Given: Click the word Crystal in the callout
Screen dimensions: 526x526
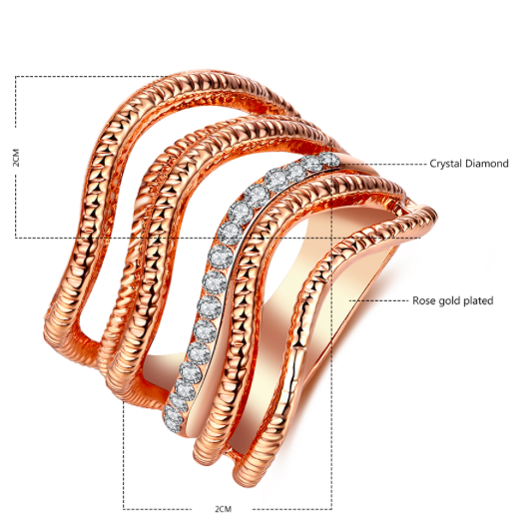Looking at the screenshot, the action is pos(445,164).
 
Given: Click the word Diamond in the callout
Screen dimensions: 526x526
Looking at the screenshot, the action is pos(487,164).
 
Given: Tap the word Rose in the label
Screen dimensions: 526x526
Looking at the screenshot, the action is pos(423,300).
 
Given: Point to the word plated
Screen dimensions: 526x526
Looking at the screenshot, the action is pos(478,300).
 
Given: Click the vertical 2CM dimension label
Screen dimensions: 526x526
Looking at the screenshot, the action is pos(16,158).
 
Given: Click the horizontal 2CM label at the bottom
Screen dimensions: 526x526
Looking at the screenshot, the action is pos(224,509).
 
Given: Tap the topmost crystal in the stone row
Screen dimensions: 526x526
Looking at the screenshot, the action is pos(329,159).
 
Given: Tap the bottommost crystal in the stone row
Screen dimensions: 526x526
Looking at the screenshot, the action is pos(173,417).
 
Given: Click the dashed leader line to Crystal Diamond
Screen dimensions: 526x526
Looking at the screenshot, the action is pos(382,165).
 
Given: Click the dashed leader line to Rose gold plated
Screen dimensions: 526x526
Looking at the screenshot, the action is pos(379,300).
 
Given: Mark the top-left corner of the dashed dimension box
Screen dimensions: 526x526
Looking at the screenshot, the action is pos(15,77).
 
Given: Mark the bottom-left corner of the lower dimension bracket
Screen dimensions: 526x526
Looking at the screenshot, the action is pos(124,509).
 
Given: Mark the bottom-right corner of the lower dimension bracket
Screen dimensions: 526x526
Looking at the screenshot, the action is pos(331,509).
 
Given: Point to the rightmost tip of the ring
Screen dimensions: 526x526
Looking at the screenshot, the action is pos(437,214).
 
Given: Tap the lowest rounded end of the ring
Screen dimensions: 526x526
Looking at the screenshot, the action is pos(245,483).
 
